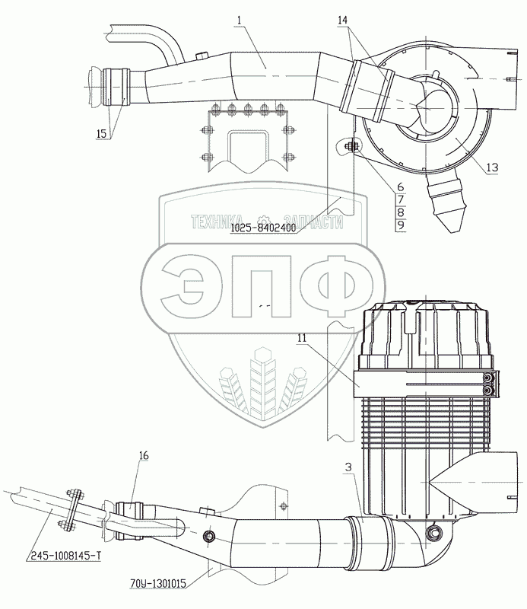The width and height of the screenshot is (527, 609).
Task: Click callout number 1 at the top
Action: tap(239, 21)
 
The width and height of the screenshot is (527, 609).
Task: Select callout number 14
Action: tap(343, 21)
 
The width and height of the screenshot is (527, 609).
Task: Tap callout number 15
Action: tap(101, 134)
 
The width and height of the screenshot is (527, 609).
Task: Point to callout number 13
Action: tap(492, 167)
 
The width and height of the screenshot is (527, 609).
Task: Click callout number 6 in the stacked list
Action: tap(401, 187)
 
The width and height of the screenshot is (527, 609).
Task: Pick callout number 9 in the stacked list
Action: tap(401, 225)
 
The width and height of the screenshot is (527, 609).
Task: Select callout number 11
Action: tap(302, 338)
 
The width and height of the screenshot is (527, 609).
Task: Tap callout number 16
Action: tap(144, 455)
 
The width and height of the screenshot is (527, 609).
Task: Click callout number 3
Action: tap(348, 467)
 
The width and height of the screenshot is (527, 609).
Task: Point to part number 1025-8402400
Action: tap(263, 228)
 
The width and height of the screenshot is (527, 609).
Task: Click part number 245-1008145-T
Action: tap(65, 556)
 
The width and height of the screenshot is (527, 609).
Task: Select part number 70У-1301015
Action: tap(158, 583)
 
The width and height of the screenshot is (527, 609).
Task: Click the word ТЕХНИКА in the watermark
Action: tap(217, 222)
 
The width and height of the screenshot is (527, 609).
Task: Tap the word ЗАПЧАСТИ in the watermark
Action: tap(313, 222)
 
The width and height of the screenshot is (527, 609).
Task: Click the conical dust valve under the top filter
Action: tap(446, 202)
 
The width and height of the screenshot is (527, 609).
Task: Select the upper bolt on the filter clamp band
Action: tap(487, 378)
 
